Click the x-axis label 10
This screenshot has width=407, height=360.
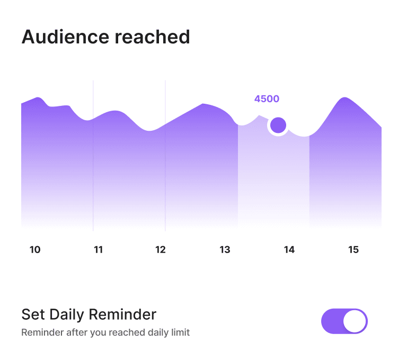click(x=35, y=250)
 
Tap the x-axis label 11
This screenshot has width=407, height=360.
click(x=98, y=250)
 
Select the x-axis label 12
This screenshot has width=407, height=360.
click(x=161, y=250)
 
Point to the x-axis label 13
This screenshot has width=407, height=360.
click(x=225, y=250)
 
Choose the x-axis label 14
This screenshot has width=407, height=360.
click(x=289, y=250)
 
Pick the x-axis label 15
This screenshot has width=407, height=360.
click(x=353, y=250)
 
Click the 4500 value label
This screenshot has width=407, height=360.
click(x=267, y=99)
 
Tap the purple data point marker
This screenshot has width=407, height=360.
click(x=278, y=125)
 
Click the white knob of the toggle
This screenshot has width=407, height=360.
click(x=355, y=321)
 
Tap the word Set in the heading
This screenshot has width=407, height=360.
click(x=32, y=314)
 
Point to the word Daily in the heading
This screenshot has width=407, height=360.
click(x=67, y=314)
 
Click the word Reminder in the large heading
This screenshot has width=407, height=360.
click(x=122, y=314)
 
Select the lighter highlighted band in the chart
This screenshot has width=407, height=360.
click(x=273, y=180)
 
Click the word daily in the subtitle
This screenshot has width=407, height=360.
click(x=156, y=333)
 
